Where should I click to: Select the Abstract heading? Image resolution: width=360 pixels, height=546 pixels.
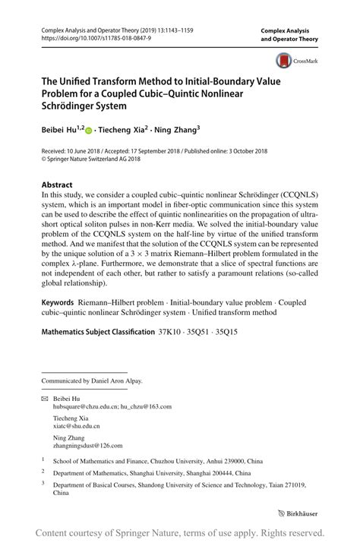tap(57, 185)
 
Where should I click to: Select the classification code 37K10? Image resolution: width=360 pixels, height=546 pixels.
tap(172, 331)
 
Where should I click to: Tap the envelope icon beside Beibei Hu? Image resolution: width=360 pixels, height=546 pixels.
tap(44, 398)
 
